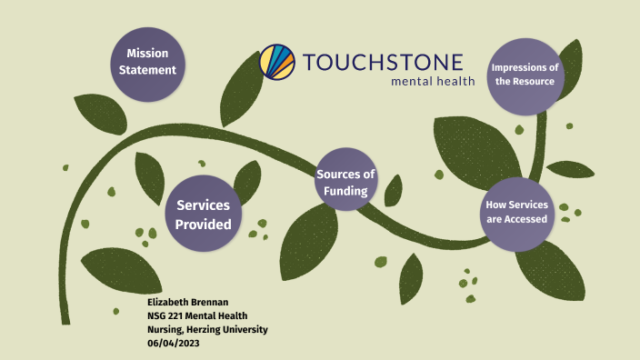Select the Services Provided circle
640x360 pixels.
(x=204, y=215)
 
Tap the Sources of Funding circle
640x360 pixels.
(x=345, y=182)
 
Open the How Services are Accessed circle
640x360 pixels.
(x=515, y=212)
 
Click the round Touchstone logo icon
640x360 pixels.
(x=277, y=62)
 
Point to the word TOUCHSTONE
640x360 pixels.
(x=383, y=63)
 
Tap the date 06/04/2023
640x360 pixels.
(x=175, y=342)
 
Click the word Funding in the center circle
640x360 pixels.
(x=345, y=191)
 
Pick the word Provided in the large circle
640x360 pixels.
(x=204, y=225)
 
